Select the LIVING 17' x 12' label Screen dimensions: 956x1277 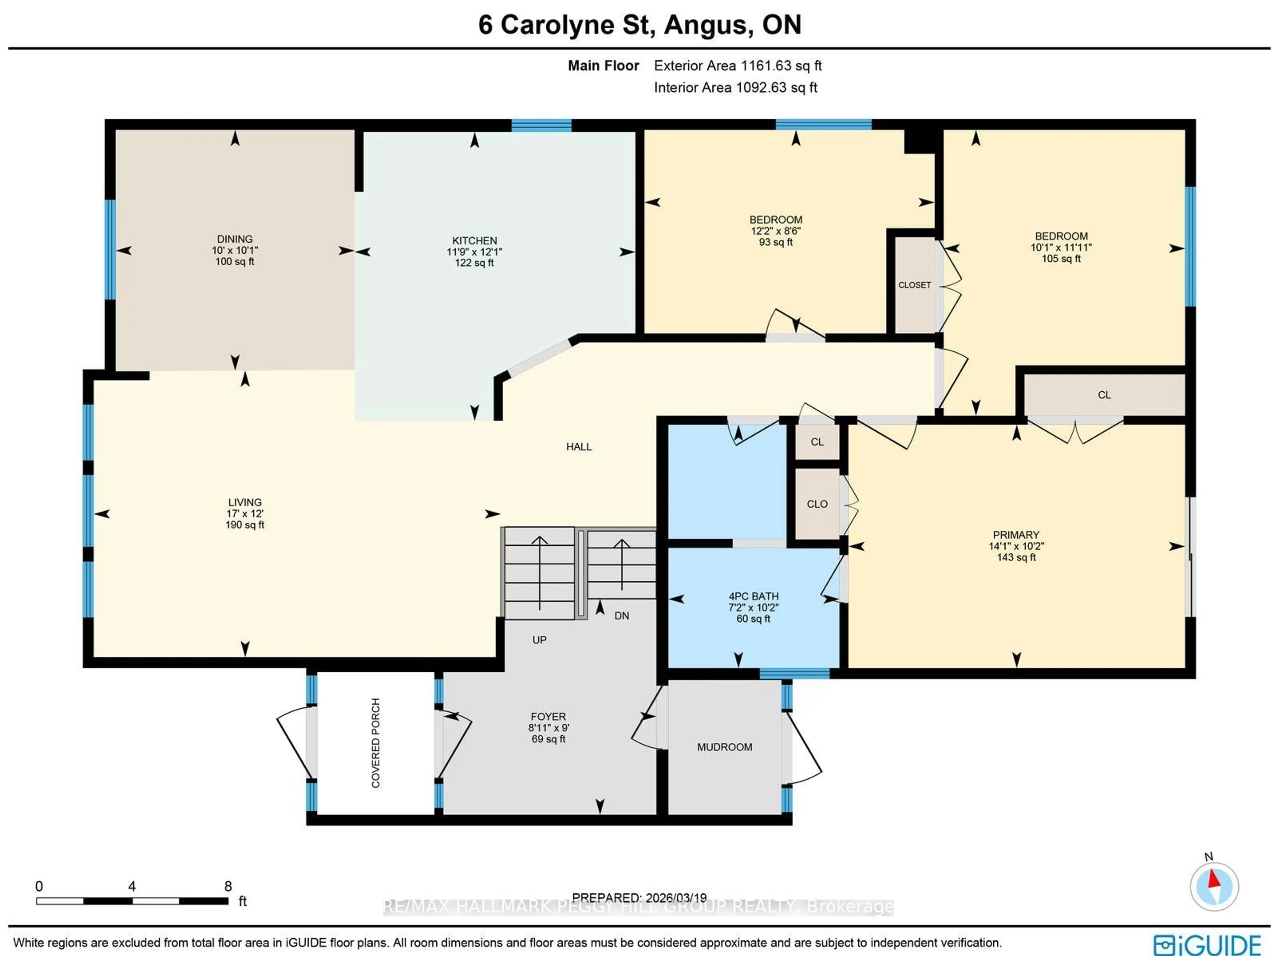click(x=245, y=513)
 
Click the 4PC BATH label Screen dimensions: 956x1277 click(x=753, y=607)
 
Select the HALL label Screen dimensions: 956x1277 click(x=578, y=446)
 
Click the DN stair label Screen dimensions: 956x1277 click(x=621, y=615)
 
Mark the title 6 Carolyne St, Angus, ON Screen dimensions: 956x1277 click(x=639, y=25)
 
